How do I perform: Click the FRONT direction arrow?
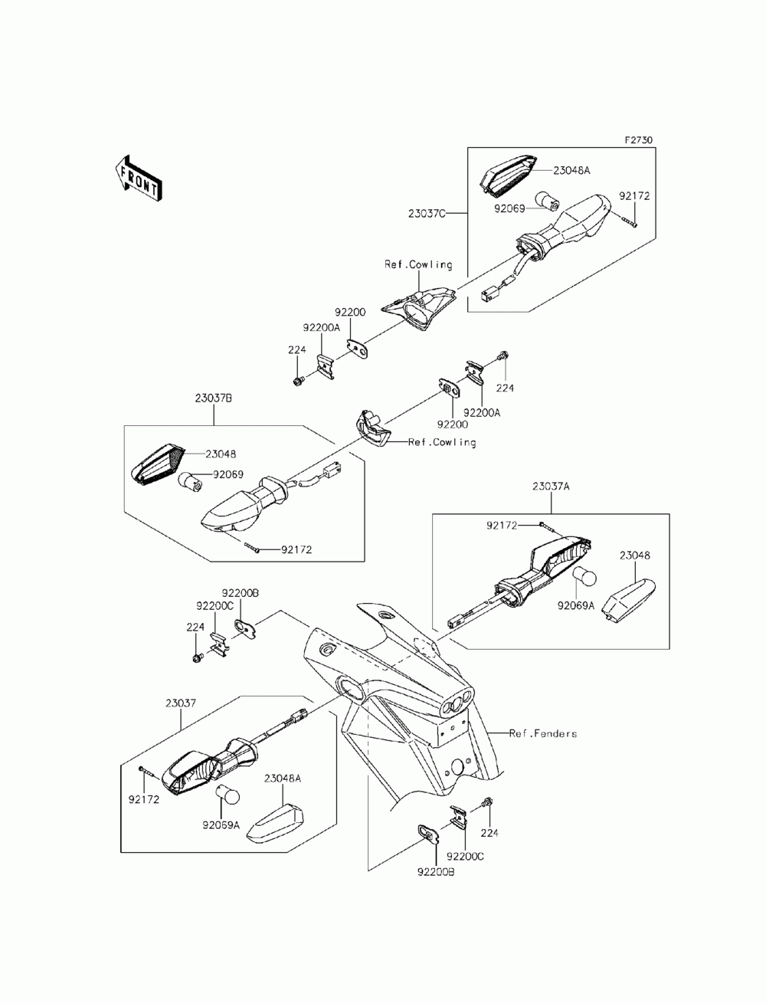pos(138,179)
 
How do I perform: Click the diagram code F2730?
pos(639,139)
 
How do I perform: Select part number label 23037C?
pos(427,213)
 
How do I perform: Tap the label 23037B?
pos(213,398)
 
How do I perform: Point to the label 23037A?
pos(551,487)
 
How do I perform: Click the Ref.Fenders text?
pos(543,733)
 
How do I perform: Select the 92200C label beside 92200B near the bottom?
pos(465,856)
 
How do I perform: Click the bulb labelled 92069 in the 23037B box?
pos(191,480)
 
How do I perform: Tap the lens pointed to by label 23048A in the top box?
pos(507,176)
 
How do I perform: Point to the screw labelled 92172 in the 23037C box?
pos(629,221)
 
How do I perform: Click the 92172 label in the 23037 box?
pos(144,799)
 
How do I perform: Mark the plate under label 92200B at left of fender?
pos(246,628)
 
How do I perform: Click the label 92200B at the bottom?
pos(436,872)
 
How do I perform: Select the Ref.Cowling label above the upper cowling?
pos(418,264)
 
